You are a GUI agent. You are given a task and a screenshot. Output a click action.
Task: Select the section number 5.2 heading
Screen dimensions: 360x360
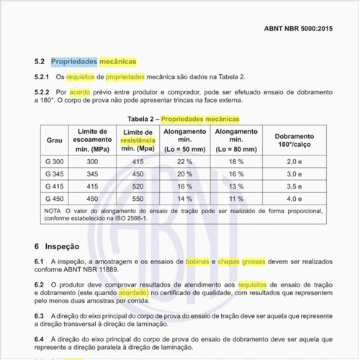(41, 61)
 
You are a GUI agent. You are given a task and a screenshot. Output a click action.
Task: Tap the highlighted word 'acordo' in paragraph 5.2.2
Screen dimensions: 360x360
(80, 92)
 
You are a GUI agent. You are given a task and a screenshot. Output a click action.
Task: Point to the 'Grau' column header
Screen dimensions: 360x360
(55, 140)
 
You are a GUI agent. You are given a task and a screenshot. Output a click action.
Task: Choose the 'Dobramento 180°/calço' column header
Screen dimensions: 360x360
(294, 140)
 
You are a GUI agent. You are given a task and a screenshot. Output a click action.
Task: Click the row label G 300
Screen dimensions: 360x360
(55, 162)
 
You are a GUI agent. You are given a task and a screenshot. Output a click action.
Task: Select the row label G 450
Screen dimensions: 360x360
(55, 198)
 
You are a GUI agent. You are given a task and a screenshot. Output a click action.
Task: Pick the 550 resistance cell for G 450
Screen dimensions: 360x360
(138, 198)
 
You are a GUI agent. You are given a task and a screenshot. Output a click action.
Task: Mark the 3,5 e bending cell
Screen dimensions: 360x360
(294, 186)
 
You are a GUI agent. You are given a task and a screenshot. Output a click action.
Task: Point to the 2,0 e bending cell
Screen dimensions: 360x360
(294, 162)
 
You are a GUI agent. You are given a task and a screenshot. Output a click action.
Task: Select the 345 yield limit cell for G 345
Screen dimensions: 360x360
(92, 174)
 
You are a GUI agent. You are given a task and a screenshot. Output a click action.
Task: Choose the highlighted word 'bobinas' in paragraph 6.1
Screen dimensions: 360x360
(197, 261)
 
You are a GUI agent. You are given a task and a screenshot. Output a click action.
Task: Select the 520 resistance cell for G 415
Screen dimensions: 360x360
(138, 186)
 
